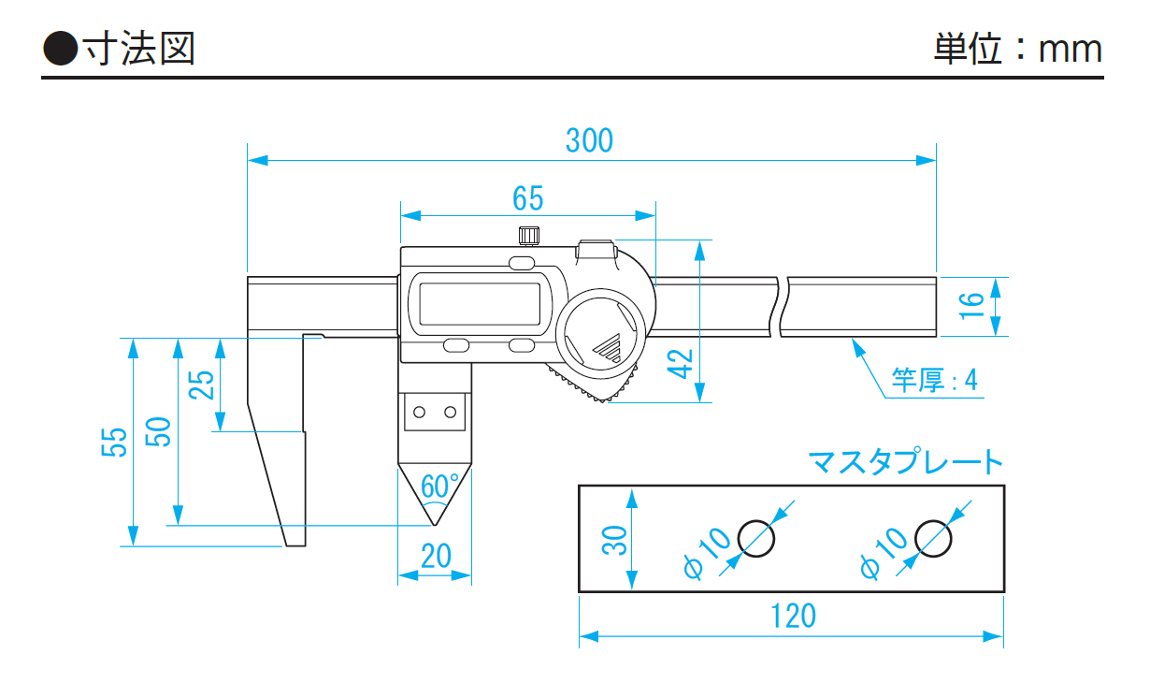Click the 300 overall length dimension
pos(589,140)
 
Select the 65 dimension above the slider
pos(527,198)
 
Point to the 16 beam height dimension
pos(971,307)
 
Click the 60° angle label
pos(439,486)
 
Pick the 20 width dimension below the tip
pos(436,557)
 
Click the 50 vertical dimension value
pos(158,431)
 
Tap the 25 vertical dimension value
pos(202,384)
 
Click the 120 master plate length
pos(793,617)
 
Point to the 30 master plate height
pos(613,539)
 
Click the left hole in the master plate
pos(756,537)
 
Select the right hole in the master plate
pos(933,537)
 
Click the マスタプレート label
pos(905,462)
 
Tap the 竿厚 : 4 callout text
pos(934,380)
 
